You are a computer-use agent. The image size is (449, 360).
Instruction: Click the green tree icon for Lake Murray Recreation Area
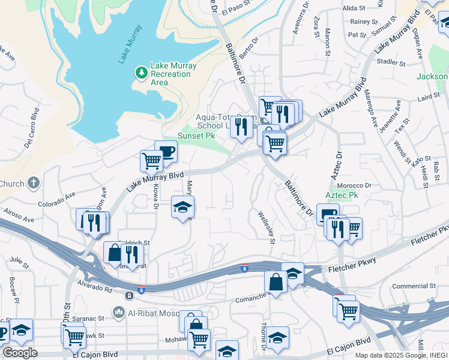[x=142, y=73]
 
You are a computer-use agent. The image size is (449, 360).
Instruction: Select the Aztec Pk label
[x=342, y=196]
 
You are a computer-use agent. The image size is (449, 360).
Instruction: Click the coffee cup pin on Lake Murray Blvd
[x=166, y=151]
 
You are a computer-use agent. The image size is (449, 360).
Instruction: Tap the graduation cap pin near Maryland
[x=182, y=207]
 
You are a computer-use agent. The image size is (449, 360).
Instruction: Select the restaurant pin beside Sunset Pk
[x=241, y=127]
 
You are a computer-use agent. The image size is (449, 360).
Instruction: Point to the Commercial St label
[x=414, y=287]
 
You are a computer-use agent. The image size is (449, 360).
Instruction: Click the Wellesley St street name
[x=265, y=227]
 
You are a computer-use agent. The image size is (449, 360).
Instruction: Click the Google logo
[x=20, y=353]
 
